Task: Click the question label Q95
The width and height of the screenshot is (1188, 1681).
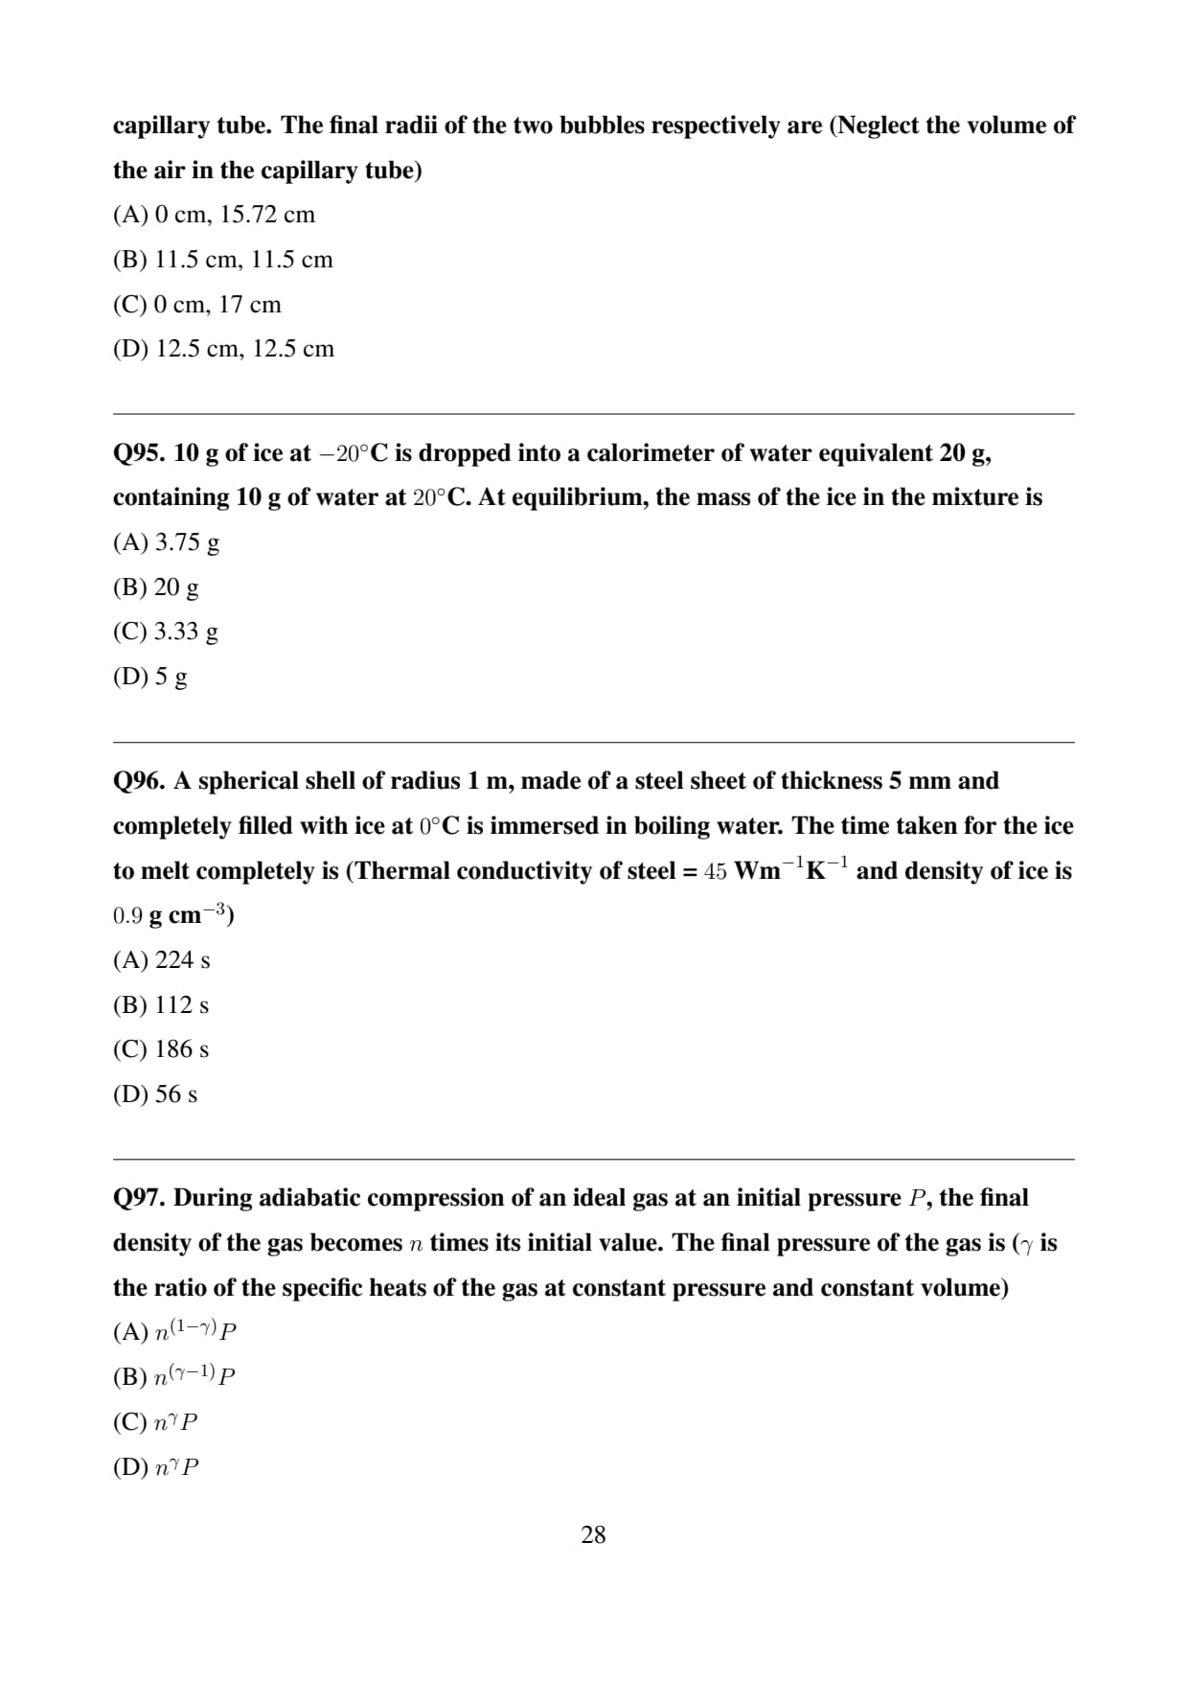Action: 140,453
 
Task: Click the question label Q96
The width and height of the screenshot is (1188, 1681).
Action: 140,781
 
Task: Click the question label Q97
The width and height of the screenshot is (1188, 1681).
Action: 140,1198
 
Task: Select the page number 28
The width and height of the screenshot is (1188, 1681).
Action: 593,1534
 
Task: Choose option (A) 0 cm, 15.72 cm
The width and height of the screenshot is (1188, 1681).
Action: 214,215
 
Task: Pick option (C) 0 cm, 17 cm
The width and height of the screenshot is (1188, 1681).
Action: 197,305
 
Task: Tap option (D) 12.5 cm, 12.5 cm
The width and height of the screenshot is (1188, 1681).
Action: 223,349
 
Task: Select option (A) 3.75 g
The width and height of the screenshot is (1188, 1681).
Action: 166,542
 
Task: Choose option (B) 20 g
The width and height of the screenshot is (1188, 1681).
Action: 156,587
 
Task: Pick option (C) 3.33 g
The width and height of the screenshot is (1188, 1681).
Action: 166,632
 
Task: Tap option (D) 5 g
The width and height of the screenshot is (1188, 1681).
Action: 150,677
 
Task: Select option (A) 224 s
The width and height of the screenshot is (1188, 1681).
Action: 162,960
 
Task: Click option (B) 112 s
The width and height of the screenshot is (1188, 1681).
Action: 161,1005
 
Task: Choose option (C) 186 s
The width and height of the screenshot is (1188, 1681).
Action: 161,1049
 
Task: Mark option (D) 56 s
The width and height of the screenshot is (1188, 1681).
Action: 155,1094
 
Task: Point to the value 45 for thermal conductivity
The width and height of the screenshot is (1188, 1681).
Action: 716,871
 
